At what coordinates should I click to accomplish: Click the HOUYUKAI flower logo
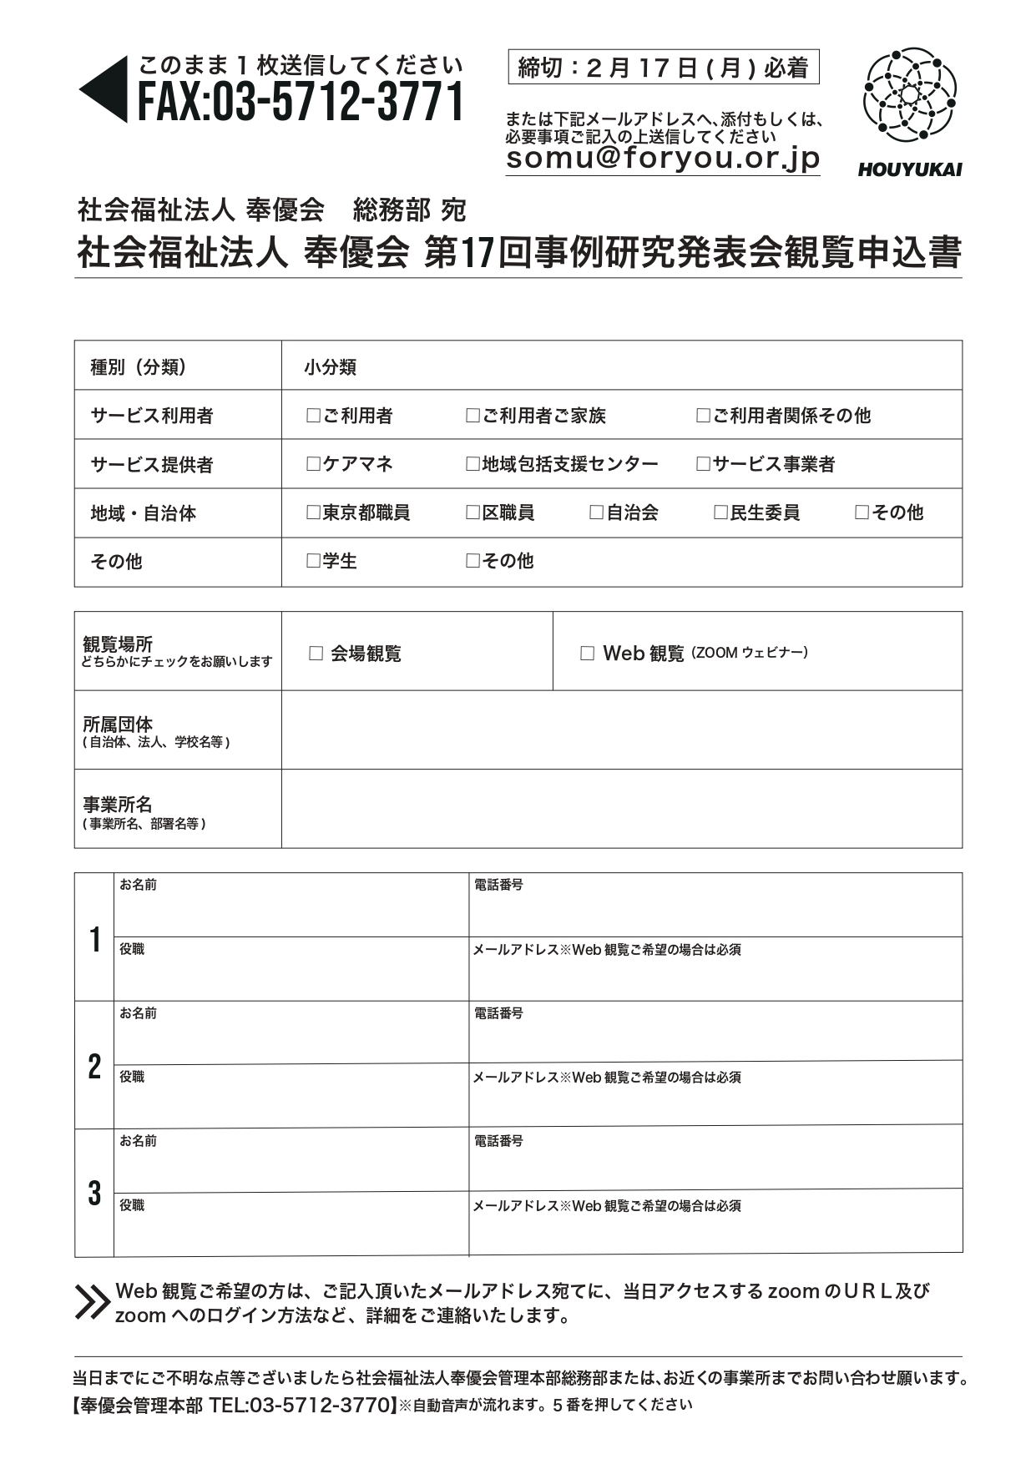point(909,95)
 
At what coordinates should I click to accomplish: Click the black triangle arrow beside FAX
point(104,89)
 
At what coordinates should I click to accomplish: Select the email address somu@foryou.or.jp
point(663,159)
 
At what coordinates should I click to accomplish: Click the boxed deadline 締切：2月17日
point(664,68)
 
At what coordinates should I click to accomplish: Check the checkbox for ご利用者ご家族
point(473,416)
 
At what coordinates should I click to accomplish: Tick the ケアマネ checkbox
point(313,464)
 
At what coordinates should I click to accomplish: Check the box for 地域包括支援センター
point(473,464)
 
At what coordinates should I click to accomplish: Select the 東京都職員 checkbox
point(313,512)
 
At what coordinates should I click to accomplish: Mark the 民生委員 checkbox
point(720,512)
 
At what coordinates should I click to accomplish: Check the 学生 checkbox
point(313,561)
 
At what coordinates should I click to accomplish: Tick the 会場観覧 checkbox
point(316,654)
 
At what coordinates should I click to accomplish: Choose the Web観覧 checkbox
point(587,654)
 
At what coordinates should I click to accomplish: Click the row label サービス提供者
point(151,465)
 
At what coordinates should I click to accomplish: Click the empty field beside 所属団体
point(621,730)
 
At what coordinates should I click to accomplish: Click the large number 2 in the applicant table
point(94,1067)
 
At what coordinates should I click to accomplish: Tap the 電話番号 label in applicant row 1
point(498,885)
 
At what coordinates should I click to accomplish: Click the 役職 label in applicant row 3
point(132,1205)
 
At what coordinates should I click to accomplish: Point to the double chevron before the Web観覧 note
point(92,1302)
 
